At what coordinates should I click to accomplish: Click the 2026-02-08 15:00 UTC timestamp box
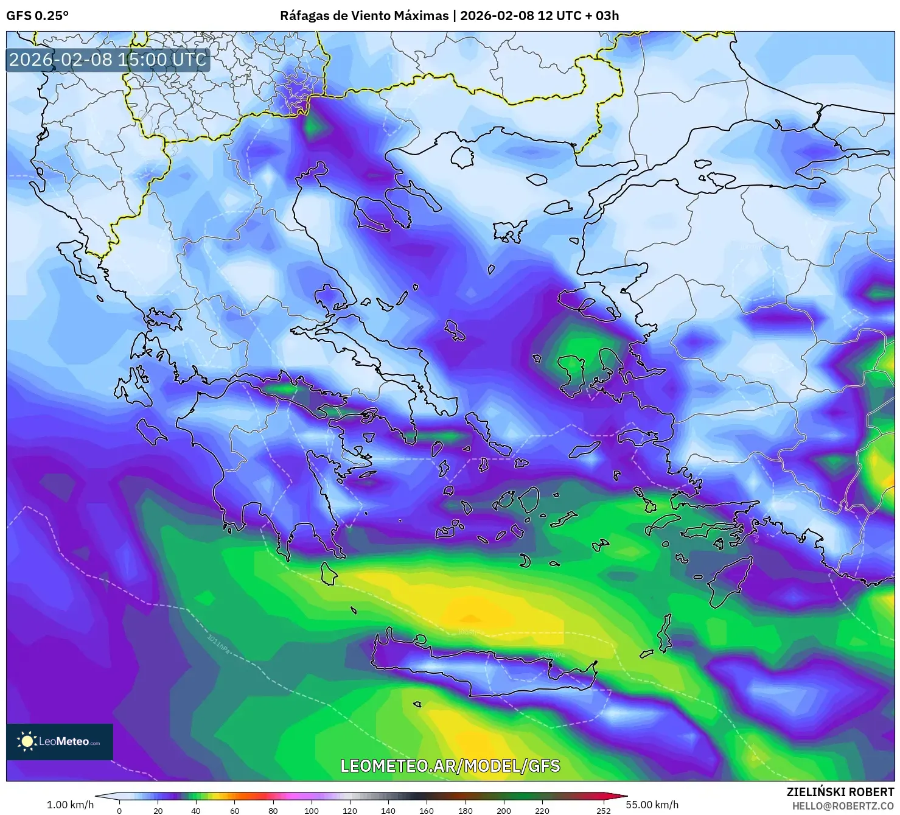pyautogui.click(x=108, y=60)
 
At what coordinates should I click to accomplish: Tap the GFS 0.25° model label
pyautogui.click(x=38, y=16)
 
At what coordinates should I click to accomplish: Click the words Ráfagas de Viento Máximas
pyautogui.click(x=364, y=16)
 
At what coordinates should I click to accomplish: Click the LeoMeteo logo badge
pyautogui.click(x=60, y=741)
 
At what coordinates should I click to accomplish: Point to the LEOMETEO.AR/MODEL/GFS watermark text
pyautogui.click(x=450, y=766)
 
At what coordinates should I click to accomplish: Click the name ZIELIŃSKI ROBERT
pyautogui.click(x=840, y=792)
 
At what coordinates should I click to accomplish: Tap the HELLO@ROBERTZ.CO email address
pyautogui.click(x=843, y=805)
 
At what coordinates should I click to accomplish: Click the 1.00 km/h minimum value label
pyautogui.click(x=70, y=805)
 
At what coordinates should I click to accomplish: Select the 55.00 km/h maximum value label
pyautogui.click(x=652, y=805)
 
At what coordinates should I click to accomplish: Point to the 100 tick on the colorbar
pyautogui.click(x=312, y=810)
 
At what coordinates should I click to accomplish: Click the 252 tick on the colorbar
pyautogui.click(x=603, y=810)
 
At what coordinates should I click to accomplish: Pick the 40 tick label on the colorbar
pyautogui.click(x=196, y=810)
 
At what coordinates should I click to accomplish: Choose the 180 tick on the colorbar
pyautogui.click(x=465, y=810)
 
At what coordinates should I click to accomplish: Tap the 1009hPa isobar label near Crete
pyautogui.click(x=551, y=656)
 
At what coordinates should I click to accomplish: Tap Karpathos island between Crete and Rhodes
pyautogui.click(x=665, y=633)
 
